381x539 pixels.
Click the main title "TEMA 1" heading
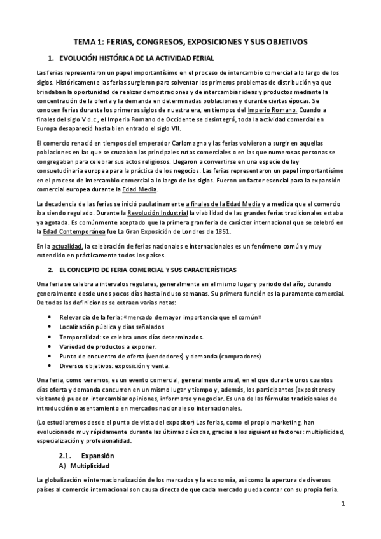coord(191,41)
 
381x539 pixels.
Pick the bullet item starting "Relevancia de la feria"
coord(160,317)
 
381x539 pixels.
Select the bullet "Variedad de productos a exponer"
coord(107,346)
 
